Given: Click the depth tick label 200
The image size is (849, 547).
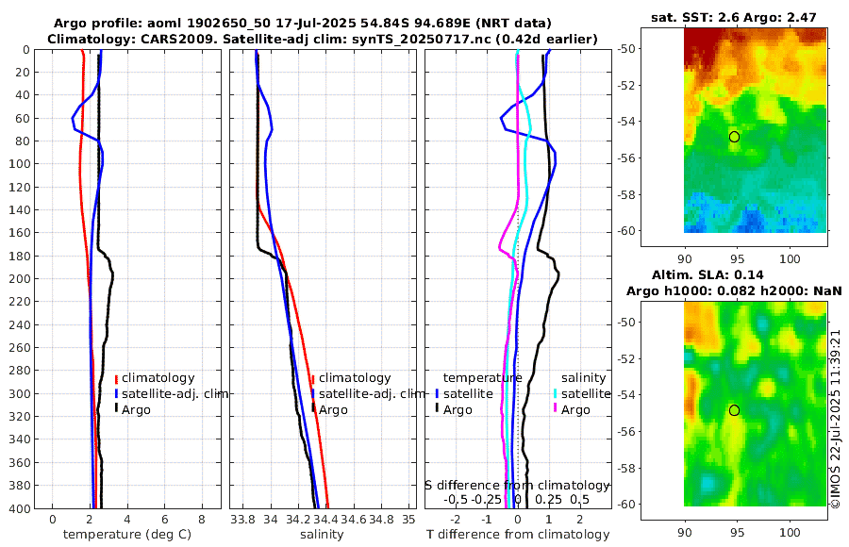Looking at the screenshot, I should [x=17, y=279].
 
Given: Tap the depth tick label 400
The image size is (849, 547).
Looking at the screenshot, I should [x=17, y=508].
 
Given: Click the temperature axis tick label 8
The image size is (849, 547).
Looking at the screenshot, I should [x=202, y=520].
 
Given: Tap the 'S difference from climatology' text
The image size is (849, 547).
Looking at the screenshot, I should [x=518, y=484].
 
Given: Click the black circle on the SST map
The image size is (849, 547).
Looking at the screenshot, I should [x=734, y=137].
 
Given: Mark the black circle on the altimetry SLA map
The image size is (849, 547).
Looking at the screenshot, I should [x=734, y=410].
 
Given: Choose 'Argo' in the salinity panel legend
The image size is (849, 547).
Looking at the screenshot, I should [x=333, y=409].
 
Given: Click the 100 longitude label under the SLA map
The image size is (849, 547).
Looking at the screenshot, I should [x=791, y=520].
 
